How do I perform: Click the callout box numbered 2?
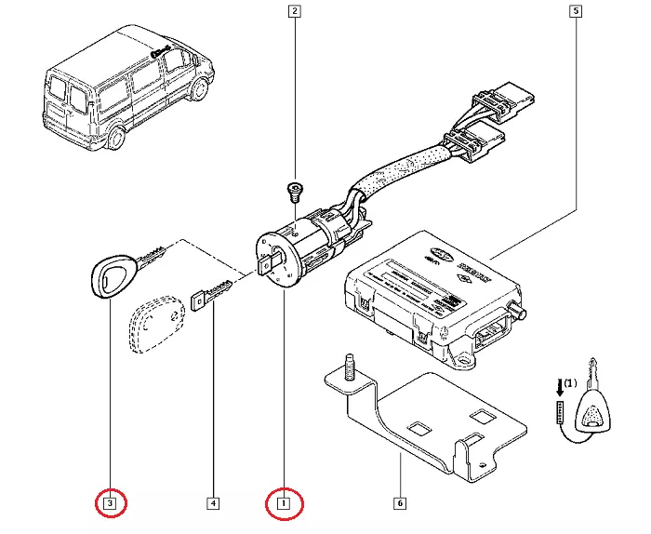pyautogui.click(x=294, y=12)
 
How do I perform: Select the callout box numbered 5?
pyautogui.click(x=575, y=12)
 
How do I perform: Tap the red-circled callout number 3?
pyautogui.click(x=110, y=504)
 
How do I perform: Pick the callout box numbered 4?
pyautogui.click(x=213, y=504)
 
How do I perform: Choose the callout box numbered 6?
pyautogui.click(x=399, y=504)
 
